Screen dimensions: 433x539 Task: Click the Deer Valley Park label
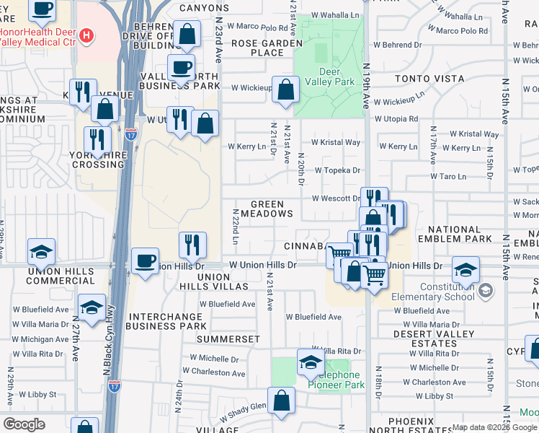click(x=337, y=76)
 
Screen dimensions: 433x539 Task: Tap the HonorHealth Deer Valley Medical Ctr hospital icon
click(x=86, y=35)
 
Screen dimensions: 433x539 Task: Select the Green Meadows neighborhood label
click(x=272, y=209)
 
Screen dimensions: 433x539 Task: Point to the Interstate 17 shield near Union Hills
click(x=130, y=134)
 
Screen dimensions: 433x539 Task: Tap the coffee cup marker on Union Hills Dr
click(x=145, y=261)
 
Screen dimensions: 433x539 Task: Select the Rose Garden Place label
click(x=267, y=48)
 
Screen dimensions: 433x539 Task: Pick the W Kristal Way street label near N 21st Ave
click(x=335, y=143)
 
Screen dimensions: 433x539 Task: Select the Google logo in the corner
click(x=24, y=424)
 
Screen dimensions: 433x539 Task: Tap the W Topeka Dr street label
click(x=336, y=170)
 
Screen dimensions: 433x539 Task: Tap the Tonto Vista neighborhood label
click(x=424, y=79)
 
